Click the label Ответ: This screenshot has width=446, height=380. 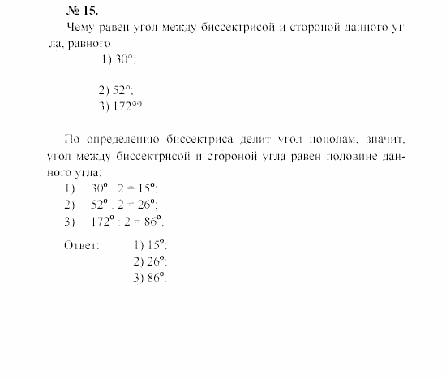[x=81, y=244]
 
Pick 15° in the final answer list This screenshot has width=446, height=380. [x=157, y=244]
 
